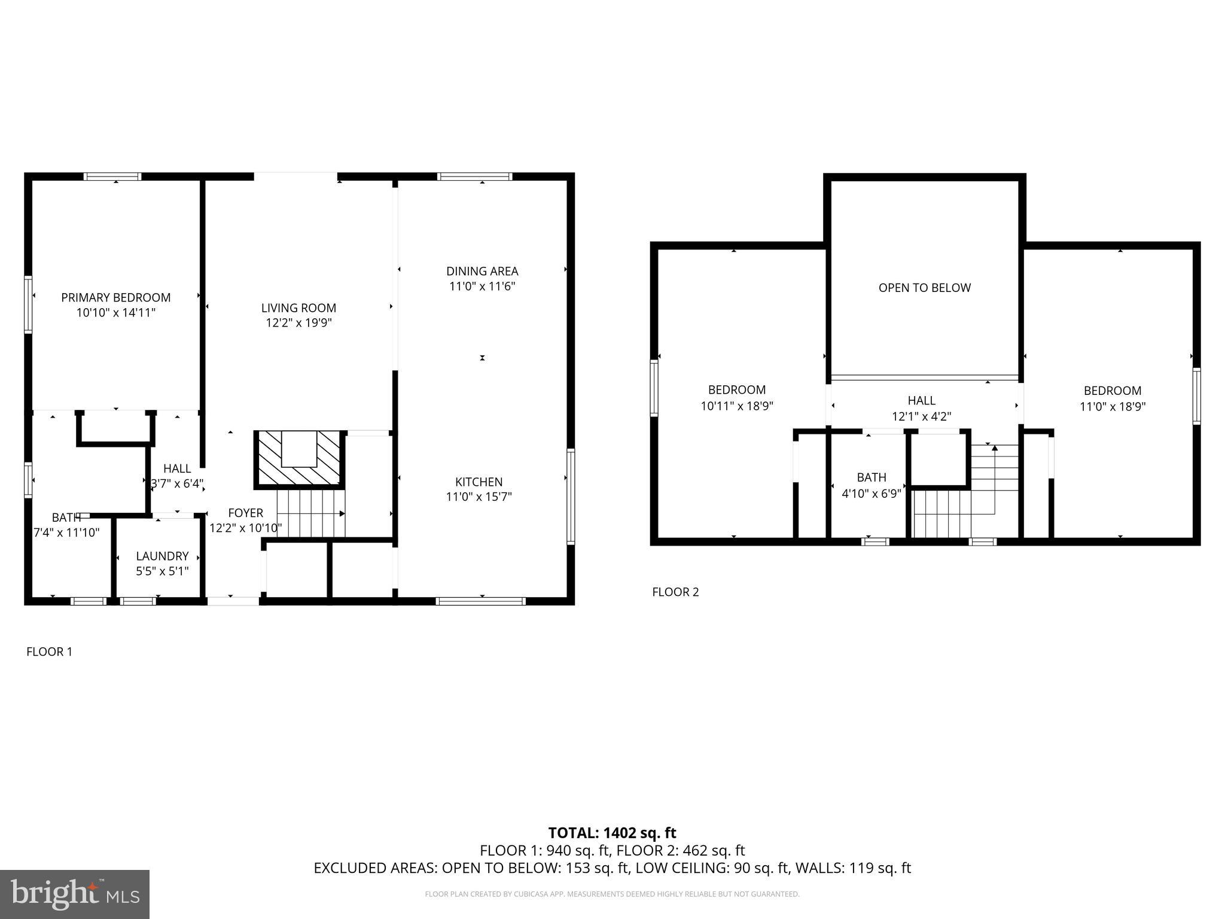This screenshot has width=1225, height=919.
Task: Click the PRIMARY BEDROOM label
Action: click(115, 297)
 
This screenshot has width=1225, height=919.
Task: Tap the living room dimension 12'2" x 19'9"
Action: click(298, 323)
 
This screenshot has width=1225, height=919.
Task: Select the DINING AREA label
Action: click(482, 271)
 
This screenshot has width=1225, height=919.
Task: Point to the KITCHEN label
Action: click(479, 482)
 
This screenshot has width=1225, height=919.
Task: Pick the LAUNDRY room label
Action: click(162, 556)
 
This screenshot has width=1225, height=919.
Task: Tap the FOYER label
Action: click(245, 513)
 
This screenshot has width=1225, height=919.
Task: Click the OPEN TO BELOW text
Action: click(924, 288)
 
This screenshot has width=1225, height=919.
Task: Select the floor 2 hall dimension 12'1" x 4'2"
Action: click(921, 416)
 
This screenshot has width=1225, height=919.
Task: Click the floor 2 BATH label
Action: click(871, 477)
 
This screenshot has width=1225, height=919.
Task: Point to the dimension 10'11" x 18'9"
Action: click(737, 406)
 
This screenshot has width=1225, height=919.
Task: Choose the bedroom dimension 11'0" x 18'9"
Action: click(1112, 406)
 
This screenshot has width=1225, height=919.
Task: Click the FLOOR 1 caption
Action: click(49, 652)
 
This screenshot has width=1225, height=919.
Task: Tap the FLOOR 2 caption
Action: click(675, 592)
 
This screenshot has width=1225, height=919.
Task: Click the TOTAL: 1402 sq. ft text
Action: click(612, 833)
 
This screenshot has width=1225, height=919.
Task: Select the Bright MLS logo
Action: click(74, 894)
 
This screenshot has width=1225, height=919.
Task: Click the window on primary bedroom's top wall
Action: click(112, 177)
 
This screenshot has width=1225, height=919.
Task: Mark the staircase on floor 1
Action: click(311, 513)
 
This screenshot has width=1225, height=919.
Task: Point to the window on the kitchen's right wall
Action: click(571, 497)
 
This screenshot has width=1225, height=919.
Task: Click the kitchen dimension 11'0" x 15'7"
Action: click(479, 497)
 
